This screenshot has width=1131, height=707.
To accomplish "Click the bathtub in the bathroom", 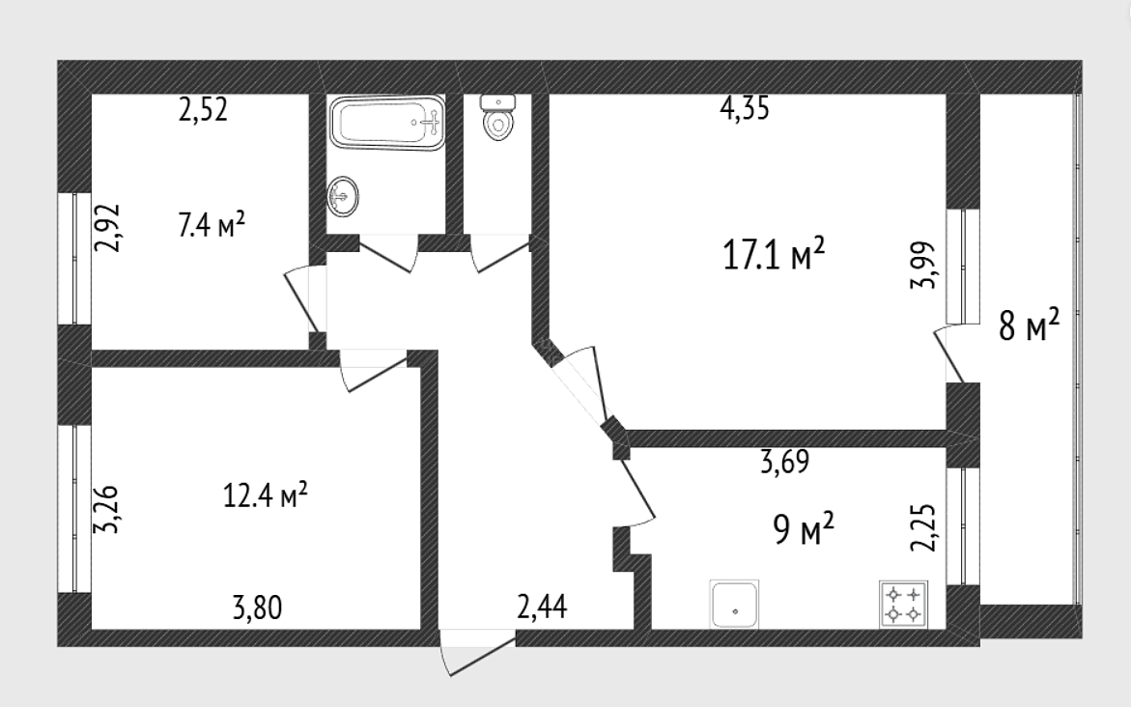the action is (x=387, y=124).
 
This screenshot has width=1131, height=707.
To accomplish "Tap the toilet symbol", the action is (x=497, y=117).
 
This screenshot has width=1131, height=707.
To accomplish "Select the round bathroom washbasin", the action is (x=343, y=195).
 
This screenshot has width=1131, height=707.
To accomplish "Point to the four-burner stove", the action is (x=903, y=605).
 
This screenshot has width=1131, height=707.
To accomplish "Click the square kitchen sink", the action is (x=734, y=604).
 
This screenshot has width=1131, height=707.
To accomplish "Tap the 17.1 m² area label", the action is (x=774, y=255).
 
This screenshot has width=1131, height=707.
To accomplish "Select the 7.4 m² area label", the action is (x=212, y=225).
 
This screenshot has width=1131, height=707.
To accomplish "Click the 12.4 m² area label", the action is (x=266, y=495).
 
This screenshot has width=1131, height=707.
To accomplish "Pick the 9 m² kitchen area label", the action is (x=804, y=530).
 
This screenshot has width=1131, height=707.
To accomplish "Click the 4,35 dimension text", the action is (x=745, y=109).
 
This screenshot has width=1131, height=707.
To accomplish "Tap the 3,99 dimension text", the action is (x=924, y=265).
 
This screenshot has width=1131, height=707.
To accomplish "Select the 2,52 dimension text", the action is (x=204, y=110).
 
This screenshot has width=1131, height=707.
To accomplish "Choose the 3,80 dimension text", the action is (x=258, y=608).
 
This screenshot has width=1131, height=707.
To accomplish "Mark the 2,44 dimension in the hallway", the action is (x=543, y=608).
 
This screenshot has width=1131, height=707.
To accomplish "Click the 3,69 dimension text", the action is (x=785, y=462).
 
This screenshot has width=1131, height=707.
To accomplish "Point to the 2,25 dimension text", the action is (x=924, y=527).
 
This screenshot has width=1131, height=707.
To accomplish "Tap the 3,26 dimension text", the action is (x=107, y=509).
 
